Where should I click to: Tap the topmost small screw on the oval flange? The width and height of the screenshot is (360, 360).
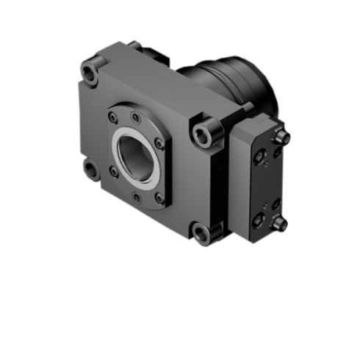tap(137, 117)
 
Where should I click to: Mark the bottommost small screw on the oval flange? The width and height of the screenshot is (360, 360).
tap(137, 195)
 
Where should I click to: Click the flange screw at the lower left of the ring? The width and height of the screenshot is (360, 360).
tap(113, 171)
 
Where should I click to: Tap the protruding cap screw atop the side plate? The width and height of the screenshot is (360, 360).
tap(281, 137)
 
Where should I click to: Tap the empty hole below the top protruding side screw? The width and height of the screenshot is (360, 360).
tap(276, 152)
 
